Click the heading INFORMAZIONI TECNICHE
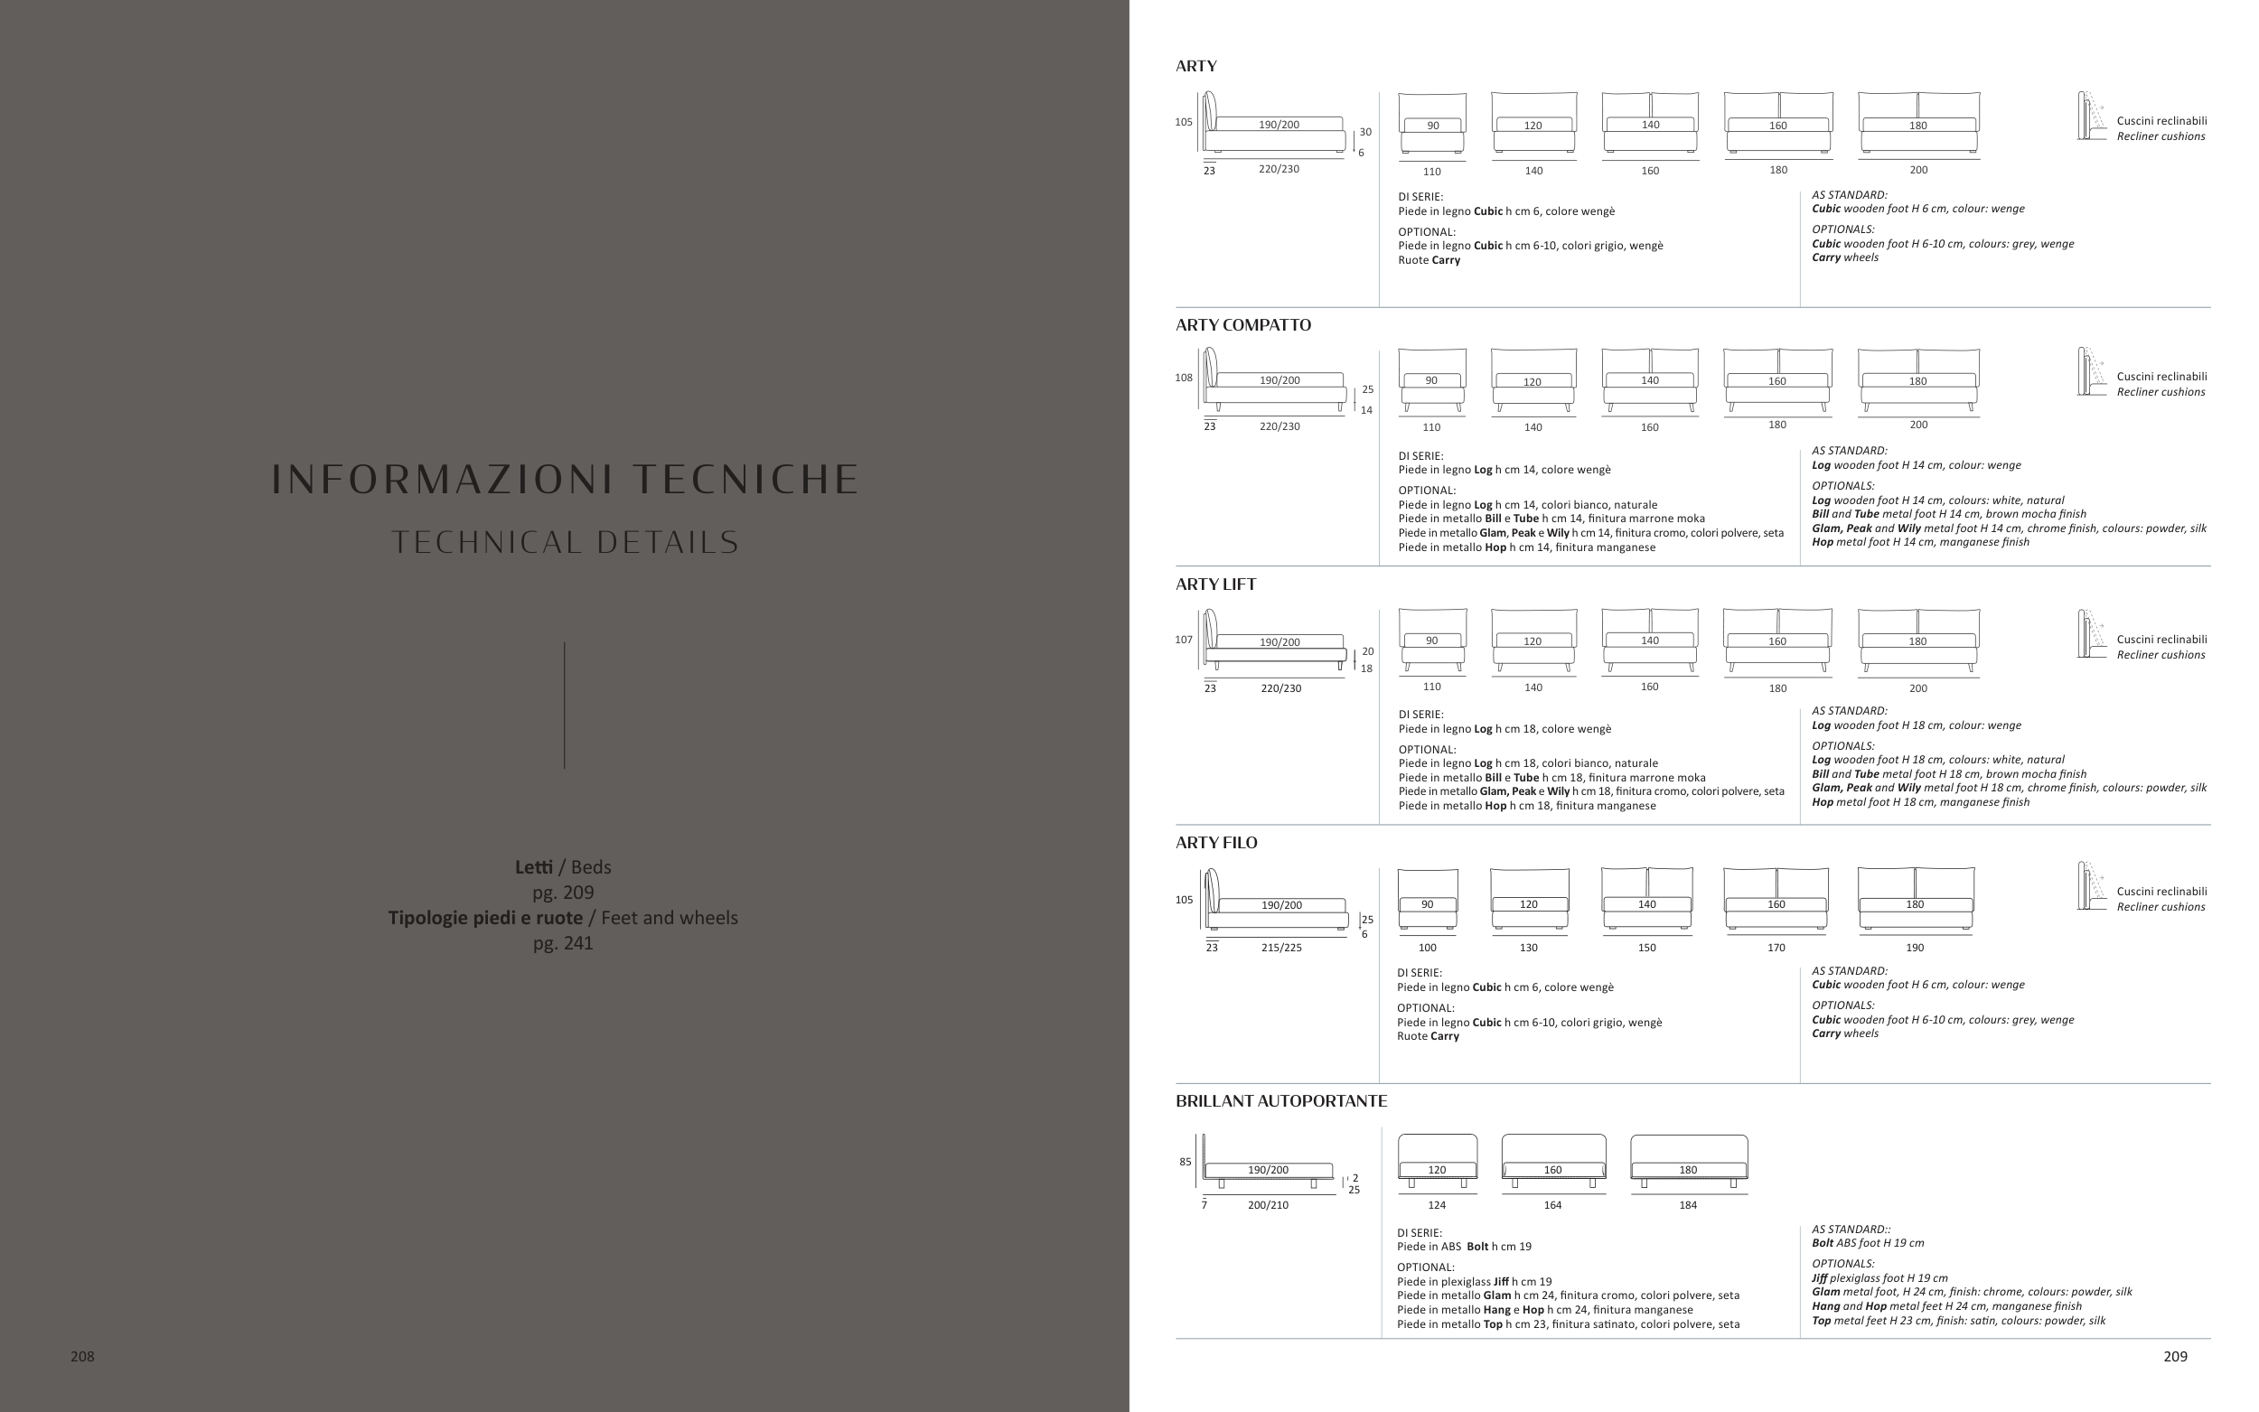(x=565, y=479)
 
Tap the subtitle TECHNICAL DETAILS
(x=565, y=543)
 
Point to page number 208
(x=82, y=1356)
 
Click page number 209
(x=2175, y=1356)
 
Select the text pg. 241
(x=563, y=943)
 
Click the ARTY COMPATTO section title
(x=1243, y=325)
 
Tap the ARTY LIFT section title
(x=1216, y=584)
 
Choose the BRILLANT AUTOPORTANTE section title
(x=1281, y=1101)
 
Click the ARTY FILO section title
(x=1216, y=842)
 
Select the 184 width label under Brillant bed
(x=1688, y=1205)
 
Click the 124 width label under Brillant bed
(x=1436, y=1205)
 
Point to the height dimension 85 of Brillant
(x=1185, y=1162)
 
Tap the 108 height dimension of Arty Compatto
(x=1183, y=379)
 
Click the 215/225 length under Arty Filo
(x=1281, y=947)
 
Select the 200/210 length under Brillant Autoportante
(x=1267, y=1205)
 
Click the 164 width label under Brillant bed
(x=1552, y=1205)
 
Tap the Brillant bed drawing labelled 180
(x=1689, y=1161)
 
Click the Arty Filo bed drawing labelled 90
(x=1427, y=899)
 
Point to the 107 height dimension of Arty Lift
(x=1183, y=640)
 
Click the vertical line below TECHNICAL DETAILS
(x=564, y=705)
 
